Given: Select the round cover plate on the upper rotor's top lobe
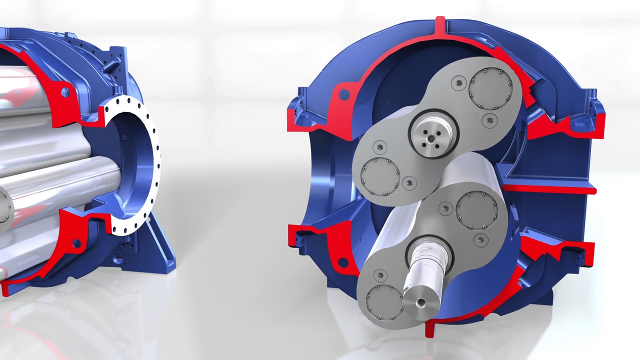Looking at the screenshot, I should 490,88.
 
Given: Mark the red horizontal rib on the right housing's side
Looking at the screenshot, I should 550,189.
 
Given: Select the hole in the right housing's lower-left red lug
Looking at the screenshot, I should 343,262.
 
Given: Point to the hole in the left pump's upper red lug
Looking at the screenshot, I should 64,92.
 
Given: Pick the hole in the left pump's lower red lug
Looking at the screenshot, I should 76,243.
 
